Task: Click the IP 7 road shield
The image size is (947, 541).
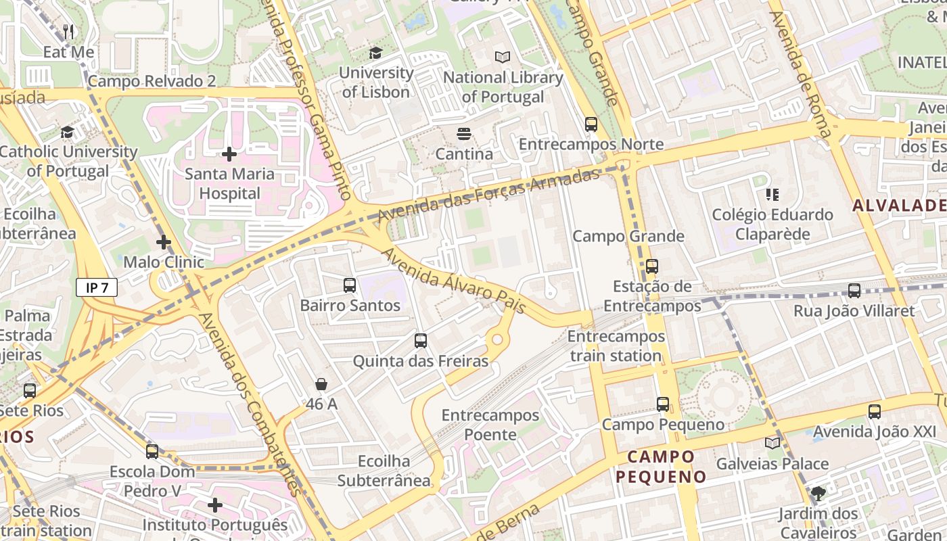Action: point(97,287)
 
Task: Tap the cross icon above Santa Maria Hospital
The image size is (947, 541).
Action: point(229,154)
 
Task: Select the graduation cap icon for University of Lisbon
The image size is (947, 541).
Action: point(375,53)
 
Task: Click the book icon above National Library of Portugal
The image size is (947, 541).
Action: point(502,57)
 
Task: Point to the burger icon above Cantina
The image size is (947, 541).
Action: point(464,134)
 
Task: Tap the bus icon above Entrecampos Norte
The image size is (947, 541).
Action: point(591,124)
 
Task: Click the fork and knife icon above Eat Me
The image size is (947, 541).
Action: point(68,32)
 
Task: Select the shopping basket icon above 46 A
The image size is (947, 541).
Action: point(321,384)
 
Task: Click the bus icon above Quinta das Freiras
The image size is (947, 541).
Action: point(421,341)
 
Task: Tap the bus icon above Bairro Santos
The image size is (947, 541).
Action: point(350,285)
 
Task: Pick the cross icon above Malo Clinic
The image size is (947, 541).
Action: point(164,242)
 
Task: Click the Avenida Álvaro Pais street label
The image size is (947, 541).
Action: point(454,281)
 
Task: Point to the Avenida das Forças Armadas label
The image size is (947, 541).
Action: point(488,195)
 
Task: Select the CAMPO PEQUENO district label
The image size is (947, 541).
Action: point(661,467)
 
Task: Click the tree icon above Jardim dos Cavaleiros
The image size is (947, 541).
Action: point(818,494)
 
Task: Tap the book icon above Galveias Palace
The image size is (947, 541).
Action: point(772,444)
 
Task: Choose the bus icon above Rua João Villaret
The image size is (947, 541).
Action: point(854,291)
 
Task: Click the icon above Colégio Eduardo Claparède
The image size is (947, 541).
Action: point(772,195)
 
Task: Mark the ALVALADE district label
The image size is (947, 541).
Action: point(899,206)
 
